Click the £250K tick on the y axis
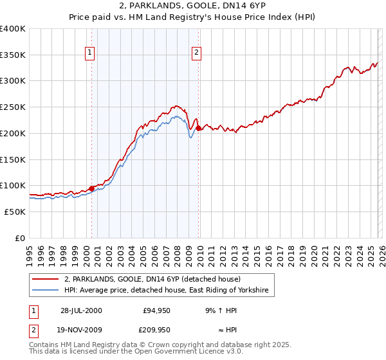13,107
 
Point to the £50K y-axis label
15,211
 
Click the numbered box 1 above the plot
90,53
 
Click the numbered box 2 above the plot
196,53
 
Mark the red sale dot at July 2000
91,188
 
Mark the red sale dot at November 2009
198,129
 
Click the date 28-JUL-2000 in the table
81,310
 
